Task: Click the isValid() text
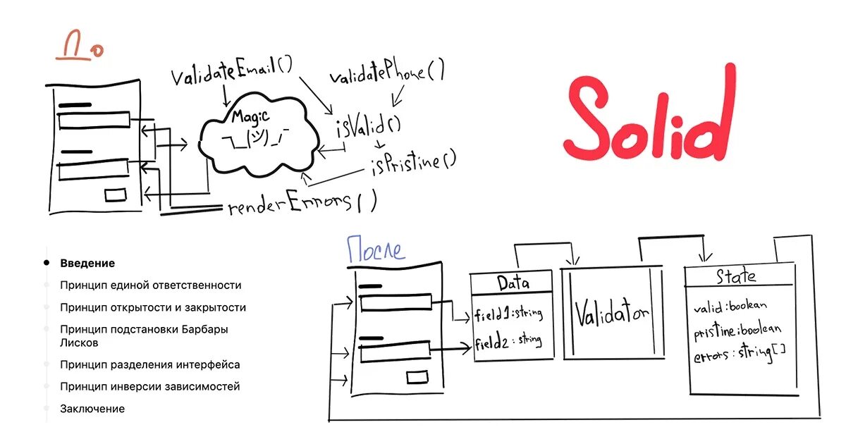pos(368,127)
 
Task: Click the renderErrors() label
pos(302,204)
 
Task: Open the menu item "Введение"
pos(87,264)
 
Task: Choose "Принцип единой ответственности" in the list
pos(151,285)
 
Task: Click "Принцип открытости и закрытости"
pos(153,308)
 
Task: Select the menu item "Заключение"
pos(92,409)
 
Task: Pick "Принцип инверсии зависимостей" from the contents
pos(150,387)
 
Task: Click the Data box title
pos(513,283)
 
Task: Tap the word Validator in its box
pos(611,314)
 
